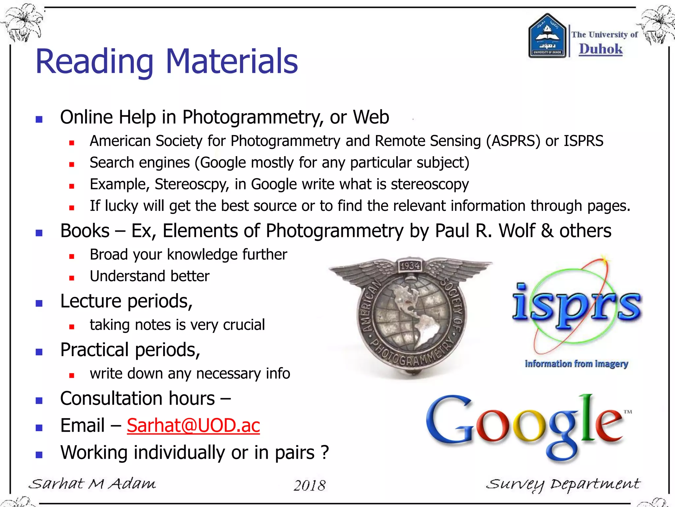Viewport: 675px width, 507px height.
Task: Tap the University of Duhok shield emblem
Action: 547,36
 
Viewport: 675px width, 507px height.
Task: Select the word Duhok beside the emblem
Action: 601,49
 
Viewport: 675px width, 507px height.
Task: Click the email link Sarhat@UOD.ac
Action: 193,425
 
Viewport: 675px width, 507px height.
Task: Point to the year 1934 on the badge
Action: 410,266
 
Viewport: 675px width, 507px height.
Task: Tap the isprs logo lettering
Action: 577,305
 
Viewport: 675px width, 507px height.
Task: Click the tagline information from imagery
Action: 576,364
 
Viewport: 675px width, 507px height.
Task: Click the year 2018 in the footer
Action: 309,485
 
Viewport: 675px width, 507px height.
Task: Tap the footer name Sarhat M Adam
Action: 92,484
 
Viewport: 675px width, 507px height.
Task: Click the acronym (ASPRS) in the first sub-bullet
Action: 514,141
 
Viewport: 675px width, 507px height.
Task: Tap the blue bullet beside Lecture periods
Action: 39,303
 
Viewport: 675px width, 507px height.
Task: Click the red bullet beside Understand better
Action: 72,278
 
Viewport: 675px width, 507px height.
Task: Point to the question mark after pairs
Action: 325,452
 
